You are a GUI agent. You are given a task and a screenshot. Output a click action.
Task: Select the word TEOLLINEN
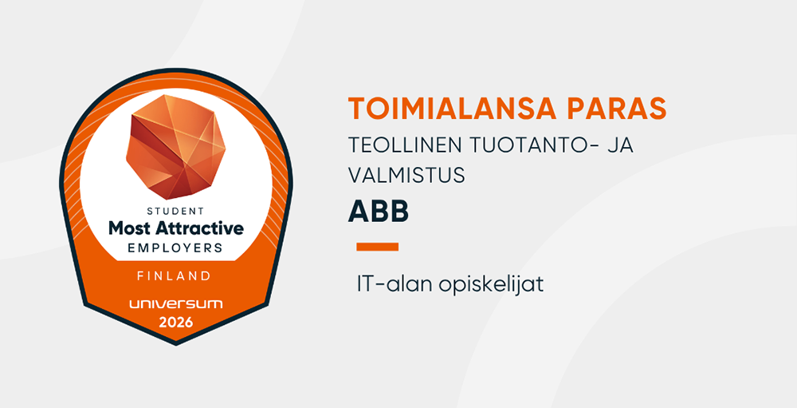point(405,145)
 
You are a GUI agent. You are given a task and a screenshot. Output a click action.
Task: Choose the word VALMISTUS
point(406,175)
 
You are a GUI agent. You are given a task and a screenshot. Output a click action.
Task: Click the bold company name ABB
point(378,212)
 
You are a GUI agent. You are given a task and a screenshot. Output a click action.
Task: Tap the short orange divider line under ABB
point(377,247)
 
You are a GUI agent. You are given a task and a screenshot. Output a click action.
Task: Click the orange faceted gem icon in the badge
point(175,147)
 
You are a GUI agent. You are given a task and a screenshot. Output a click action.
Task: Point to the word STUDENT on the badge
point(175,211)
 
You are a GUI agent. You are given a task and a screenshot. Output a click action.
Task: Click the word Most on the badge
point(129,228)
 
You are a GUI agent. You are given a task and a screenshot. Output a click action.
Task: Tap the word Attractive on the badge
point(199,228)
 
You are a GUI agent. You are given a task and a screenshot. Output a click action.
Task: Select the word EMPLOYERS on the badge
point(175,248)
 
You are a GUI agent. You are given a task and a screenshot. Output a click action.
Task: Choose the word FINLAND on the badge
point(175,276)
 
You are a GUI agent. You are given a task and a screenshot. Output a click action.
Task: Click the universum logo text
point(175,304)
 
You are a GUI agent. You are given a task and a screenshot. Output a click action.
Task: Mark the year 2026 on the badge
point(176,322)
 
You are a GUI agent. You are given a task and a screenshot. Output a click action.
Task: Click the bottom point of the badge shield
point(176,345)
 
